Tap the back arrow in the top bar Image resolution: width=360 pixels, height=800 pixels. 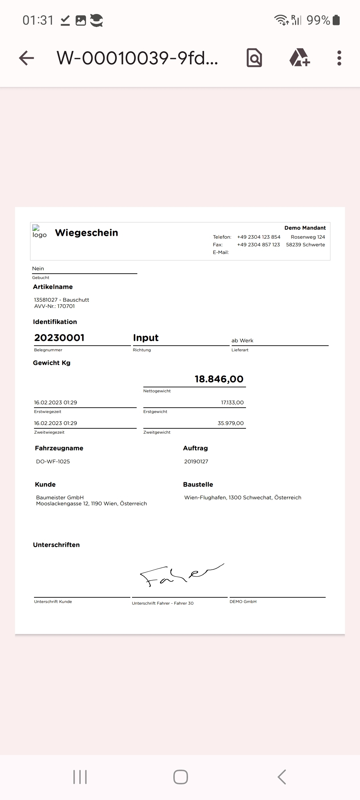[27, 58]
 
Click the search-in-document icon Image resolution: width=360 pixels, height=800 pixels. [254, 58]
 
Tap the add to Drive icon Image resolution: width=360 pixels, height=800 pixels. [299, 58]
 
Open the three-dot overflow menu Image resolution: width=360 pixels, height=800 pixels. [339, 58]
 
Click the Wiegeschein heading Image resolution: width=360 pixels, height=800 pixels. [86, 233]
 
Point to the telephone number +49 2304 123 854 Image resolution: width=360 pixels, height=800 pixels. [259, 237]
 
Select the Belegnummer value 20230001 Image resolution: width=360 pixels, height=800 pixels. [59, 338]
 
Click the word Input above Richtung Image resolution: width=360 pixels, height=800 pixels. [146, 338]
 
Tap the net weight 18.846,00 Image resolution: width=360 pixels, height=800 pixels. [219, 379]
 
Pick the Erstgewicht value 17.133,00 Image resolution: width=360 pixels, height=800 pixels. [232, 403]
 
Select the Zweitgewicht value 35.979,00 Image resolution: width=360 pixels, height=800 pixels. [231, 423]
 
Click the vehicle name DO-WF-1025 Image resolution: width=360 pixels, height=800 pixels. [53, 462]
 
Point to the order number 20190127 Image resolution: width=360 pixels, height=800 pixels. [196, 462]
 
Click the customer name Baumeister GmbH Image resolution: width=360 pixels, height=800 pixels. [60, 497]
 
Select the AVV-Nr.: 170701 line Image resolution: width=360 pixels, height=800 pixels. [54, 306]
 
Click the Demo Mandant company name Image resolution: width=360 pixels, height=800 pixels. [305, 228]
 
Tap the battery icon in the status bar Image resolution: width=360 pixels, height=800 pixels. [336, 20]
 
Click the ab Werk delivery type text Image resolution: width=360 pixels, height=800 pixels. [242, 341]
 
